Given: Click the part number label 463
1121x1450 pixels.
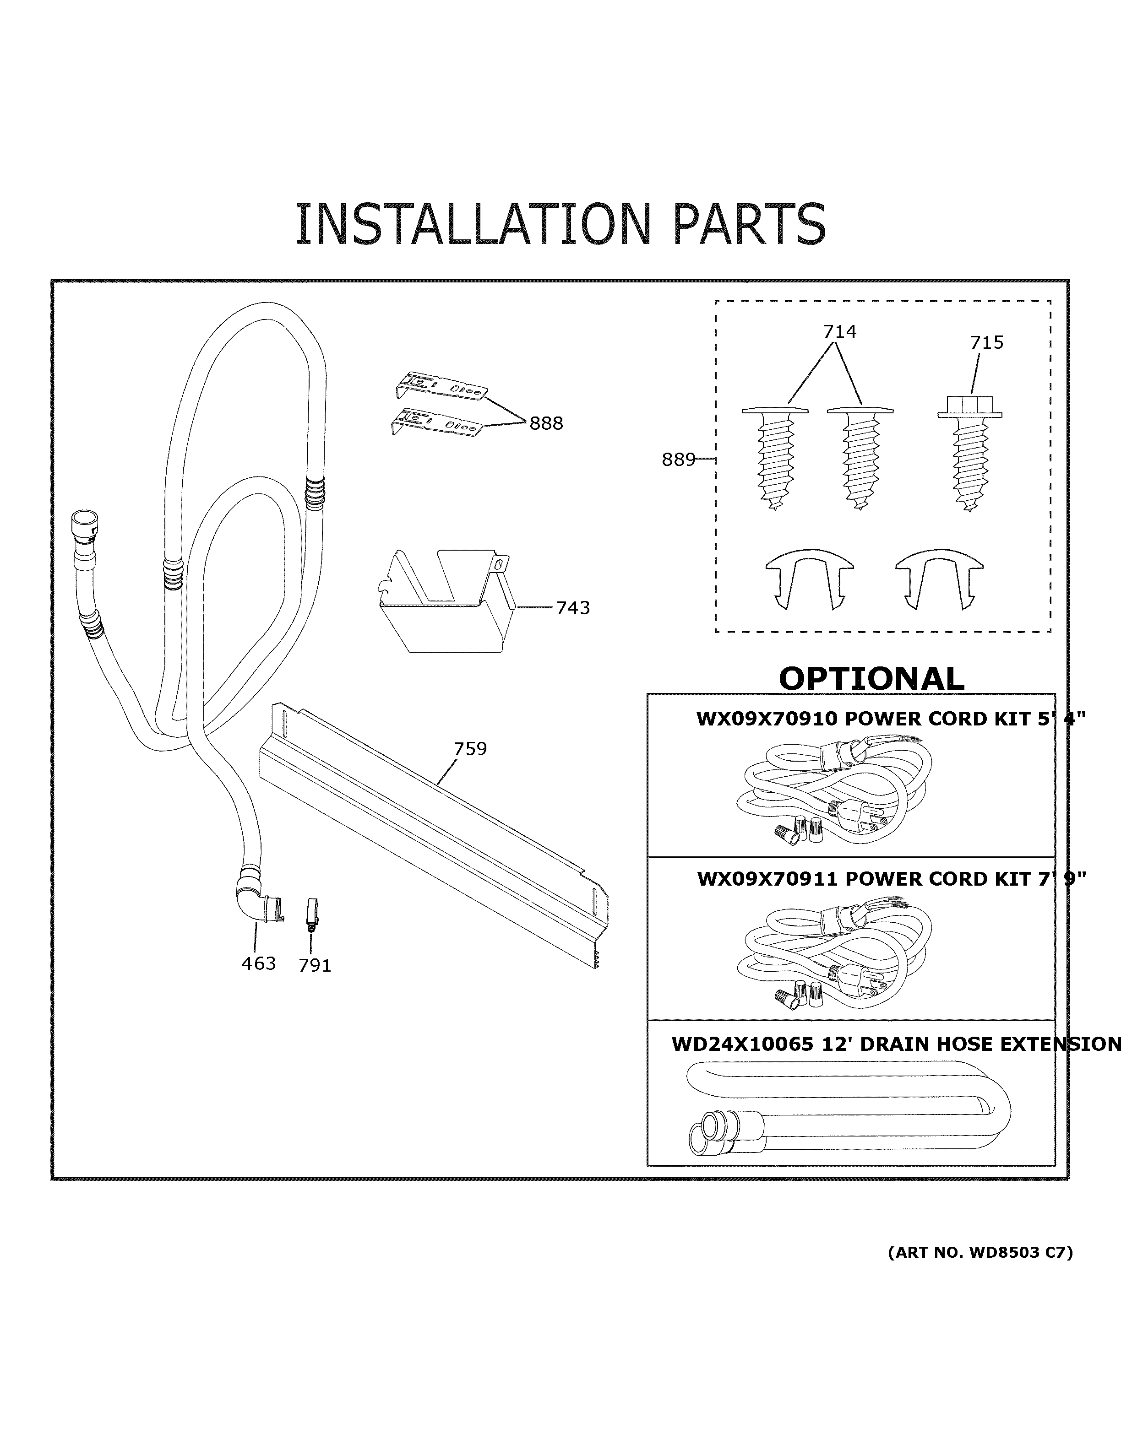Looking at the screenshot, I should (258, 963).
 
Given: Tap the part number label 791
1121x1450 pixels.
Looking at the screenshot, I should (315, 965).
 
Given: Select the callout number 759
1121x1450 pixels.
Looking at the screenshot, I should (470, 749).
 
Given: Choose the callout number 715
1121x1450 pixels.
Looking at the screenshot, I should (987, 342).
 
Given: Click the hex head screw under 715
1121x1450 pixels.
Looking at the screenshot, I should (969, 458).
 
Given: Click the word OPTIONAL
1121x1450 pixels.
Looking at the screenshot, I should (871, 678).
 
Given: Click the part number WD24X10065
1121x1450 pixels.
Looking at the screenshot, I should (742, 1044).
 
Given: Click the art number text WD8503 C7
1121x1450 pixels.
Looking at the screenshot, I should (1017, 1253).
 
